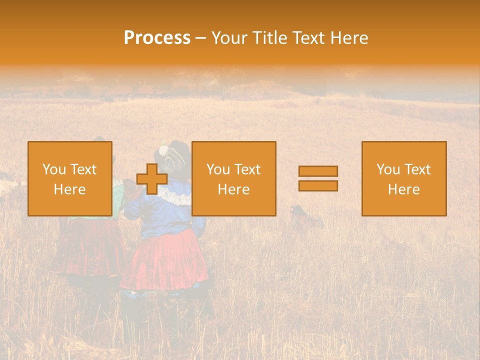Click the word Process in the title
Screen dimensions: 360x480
coord(157,38)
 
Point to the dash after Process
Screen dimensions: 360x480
coord(201,38)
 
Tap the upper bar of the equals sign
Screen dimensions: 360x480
coord(318,171)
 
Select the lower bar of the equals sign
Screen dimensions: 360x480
coord(318,186)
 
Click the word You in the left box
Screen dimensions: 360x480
coord(53,169)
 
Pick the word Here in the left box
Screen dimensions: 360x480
coord(69,189)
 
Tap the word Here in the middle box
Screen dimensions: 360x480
coord(233,189)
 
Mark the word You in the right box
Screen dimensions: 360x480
coord(387,169)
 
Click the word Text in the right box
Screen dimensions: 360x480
coord(417,169)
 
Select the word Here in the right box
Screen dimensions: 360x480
coord(403,189)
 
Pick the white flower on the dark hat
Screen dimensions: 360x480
coord(163,149)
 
